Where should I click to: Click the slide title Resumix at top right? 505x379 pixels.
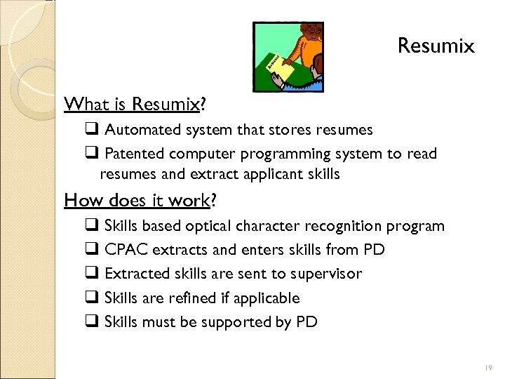point(436,46)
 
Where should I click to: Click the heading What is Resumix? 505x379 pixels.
point(135,105)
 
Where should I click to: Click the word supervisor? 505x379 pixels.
point(328,274)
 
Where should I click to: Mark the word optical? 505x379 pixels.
point(208,226)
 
